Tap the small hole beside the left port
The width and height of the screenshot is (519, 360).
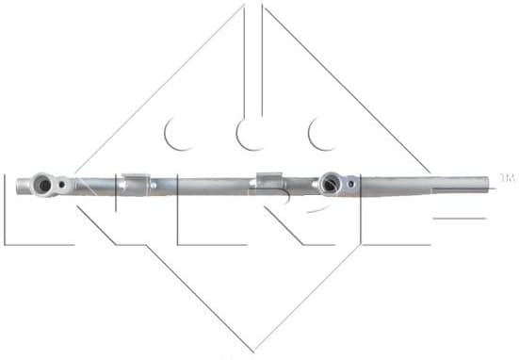point(62,185)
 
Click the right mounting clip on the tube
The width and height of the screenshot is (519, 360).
point(269,180)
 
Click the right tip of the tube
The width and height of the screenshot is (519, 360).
point(491,180)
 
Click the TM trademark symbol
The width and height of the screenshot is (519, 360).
point(507,177)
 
